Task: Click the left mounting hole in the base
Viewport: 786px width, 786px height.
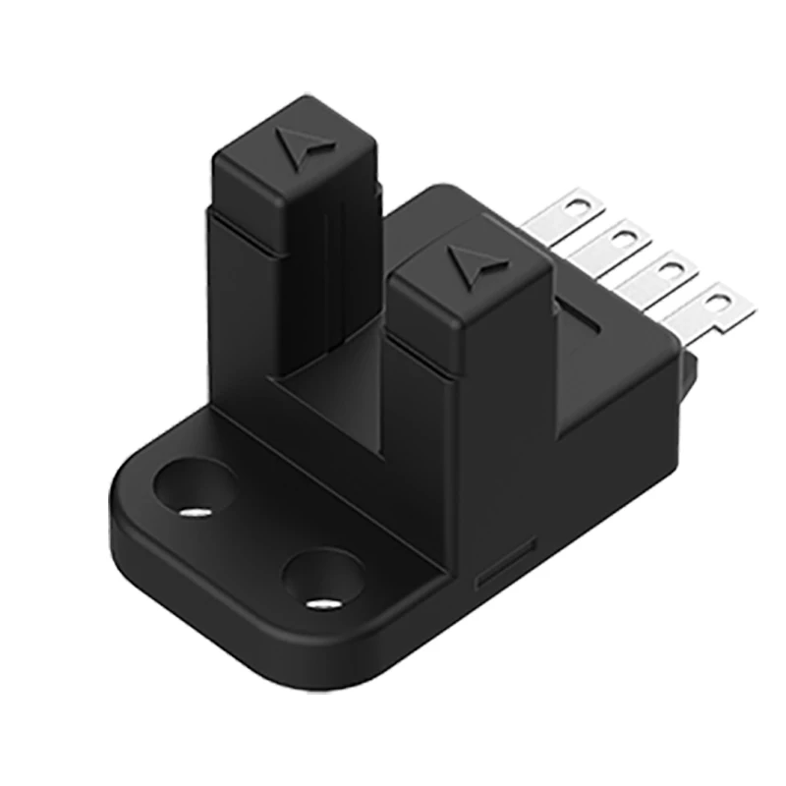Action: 196,487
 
